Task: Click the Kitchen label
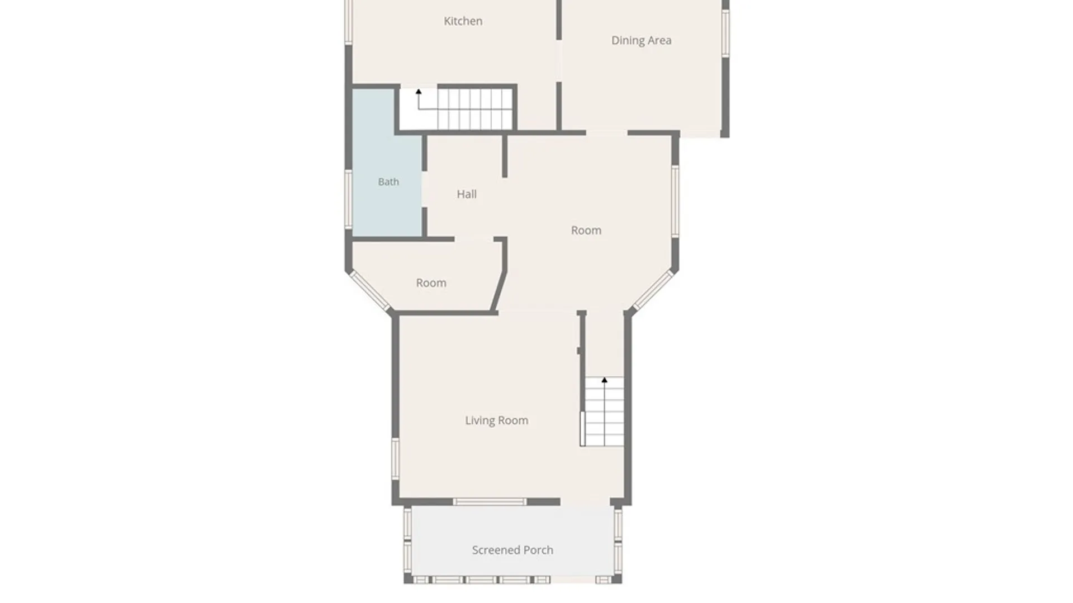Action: (x=463, y=21)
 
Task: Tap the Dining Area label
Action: (x=641, y=40)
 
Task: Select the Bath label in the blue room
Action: (x=388, y=182)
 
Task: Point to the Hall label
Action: (x=467, y=194)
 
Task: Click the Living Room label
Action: (x=496, y=420)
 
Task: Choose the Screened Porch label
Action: (x=512, y=550)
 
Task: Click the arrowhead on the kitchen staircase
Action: (x=419, y=92)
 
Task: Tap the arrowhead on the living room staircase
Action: (x=604, y=380)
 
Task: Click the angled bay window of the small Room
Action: (x=369, y=290)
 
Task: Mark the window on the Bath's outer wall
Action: (x=348, y=199)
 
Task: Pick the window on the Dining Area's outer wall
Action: (x=725, y=33)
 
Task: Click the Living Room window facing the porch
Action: (x=490, y=502)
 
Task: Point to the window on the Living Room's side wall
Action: (x=395, y=458)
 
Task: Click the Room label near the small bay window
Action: (x=431, y=283)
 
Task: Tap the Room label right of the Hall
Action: (x=586, y=231)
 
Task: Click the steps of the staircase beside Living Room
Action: (x=604, y=411)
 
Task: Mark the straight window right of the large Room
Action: (x=675, y=201)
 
